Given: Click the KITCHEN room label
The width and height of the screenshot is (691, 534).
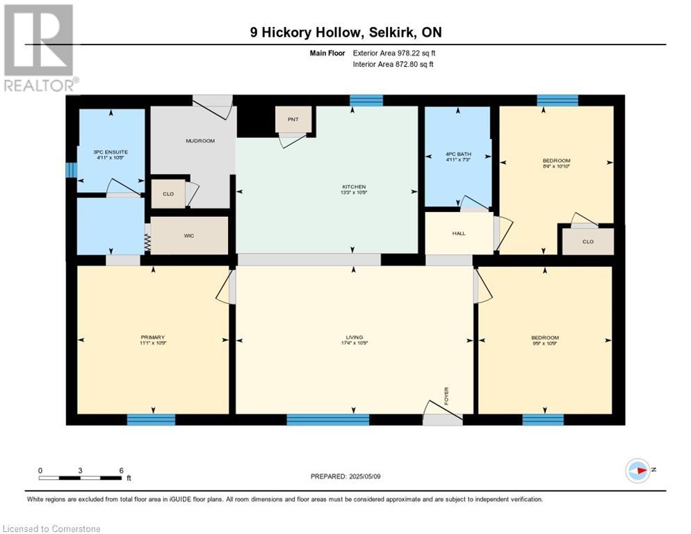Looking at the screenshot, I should (x=353, y=187).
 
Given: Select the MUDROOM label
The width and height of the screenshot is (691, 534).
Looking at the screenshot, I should (x=200, y=141).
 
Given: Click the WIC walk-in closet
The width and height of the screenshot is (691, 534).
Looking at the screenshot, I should (x=189, y=236).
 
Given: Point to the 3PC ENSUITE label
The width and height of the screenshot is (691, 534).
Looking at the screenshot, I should (x=111, y=152).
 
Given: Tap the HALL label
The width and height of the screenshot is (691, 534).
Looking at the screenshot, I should (x=458, y=233).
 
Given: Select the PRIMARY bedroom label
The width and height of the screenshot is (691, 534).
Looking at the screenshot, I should (x=152, y=338).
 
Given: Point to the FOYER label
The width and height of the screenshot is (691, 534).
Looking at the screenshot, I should (x=448, y=396).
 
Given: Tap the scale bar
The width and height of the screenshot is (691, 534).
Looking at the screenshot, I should (x=81, y=478).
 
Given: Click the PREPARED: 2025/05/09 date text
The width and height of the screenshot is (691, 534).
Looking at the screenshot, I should (x=346, y=476).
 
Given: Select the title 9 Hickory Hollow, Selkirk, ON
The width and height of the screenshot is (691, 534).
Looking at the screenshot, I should (x=345, y=32).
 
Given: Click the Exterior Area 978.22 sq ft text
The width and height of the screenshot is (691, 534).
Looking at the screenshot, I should (x=394, y=52).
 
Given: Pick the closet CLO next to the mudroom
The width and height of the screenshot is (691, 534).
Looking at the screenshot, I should (x=168, y=194).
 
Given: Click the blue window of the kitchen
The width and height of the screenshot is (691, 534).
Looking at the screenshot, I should (x=366, y=101).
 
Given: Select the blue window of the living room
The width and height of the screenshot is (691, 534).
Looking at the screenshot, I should (x=327, y=419).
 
